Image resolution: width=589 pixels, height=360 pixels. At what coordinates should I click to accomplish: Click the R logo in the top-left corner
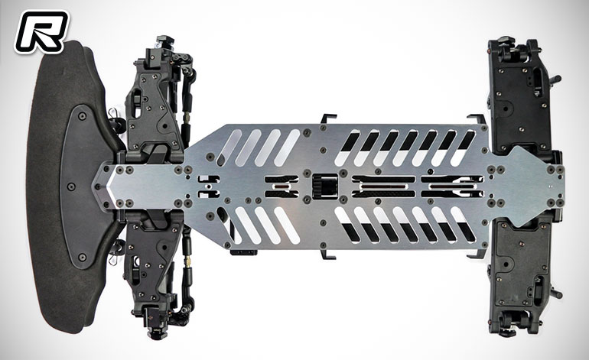41,31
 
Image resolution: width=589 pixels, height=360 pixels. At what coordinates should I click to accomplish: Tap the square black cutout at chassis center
325,186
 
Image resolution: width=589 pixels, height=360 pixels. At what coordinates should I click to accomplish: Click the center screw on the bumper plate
71,186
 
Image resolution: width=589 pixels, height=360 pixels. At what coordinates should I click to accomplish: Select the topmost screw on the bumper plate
83,116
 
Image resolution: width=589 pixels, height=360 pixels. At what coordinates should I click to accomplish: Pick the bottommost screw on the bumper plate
83,257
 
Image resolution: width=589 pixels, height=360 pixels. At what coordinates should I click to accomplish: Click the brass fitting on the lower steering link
187,260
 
